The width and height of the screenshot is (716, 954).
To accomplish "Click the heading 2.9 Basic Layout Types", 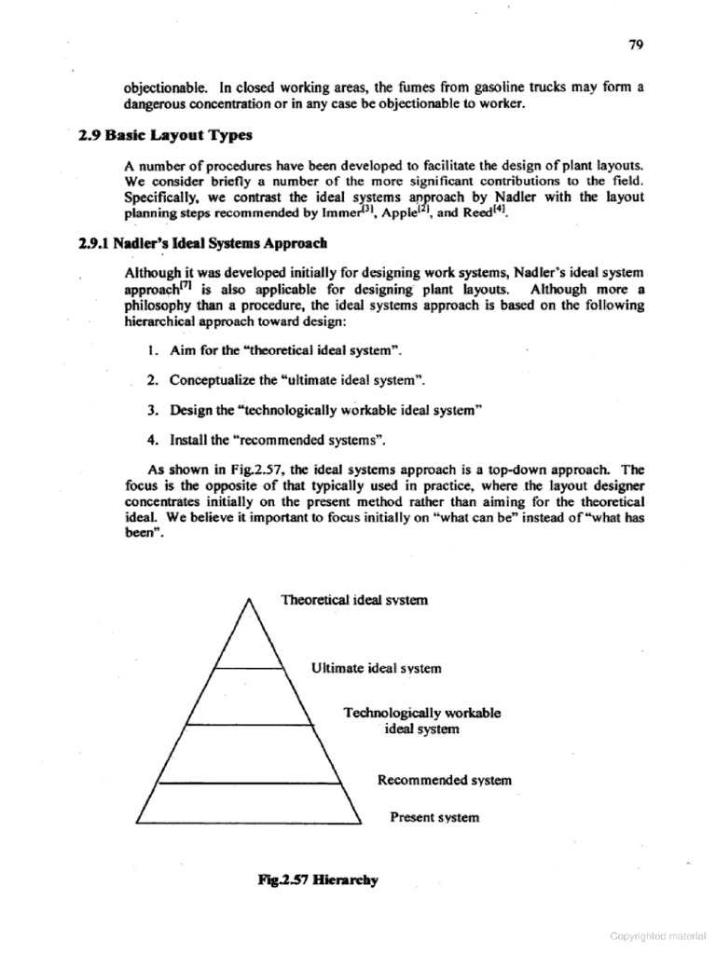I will [166, 134].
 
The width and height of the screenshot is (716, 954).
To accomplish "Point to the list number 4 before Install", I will [150, 439].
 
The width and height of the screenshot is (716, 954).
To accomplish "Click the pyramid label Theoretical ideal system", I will [354, 600].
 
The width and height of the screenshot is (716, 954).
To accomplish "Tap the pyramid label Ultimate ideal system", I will [376, 668].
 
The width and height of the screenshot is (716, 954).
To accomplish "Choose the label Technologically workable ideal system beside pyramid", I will [421, 720].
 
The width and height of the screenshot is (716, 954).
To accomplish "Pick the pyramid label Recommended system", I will [444, 780].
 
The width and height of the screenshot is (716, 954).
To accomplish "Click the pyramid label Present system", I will [434, 817].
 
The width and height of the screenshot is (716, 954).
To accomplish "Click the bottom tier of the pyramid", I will [248, 802].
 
